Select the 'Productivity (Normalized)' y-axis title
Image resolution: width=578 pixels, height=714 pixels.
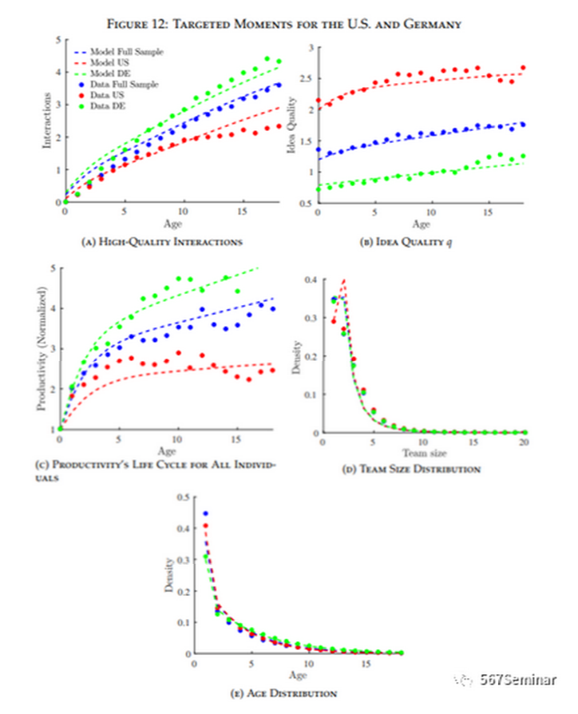tap(38, 349)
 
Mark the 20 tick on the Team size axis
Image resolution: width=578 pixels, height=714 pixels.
tap(524, 442)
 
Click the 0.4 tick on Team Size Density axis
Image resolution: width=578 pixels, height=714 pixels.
tap(307, 278)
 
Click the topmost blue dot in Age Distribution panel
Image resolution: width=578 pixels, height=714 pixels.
tap(205, 514)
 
